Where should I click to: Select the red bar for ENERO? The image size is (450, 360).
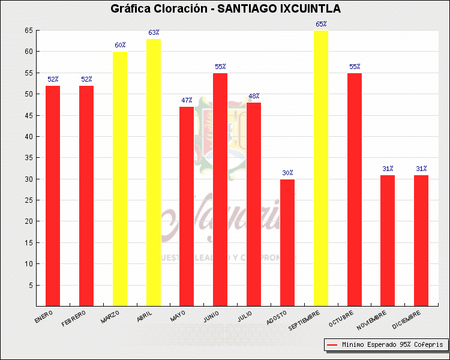tap(53, 196)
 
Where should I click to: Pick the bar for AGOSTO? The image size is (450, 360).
tap(287, 242)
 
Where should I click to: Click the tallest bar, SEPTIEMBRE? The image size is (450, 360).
tap(321, 168)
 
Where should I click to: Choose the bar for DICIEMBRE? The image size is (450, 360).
tap(421, 240)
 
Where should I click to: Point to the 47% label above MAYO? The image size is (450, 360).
tap(187, 101)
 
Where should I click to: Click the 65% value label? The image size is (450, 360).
tap(321, 24)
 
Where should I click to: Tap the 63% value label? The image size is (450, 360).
tap(154, 32)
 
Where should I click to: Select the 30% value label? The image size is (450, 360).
tap(287, 173)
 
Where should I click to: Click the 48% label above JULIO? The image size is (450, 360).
tap(254, 96)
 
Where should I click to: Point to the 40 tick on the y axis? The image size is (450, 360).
tap(29, 136)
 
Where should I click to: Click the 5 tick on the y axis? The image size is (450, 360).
tap(30, 285)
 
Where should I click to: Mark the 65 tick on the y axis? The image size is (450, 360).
tap(29, 31)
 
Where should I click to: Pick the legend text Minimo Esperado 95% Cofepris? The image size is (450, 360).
tap(392, 345)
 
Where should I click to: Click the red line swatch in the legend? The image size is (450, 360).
tap(332, 345)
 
